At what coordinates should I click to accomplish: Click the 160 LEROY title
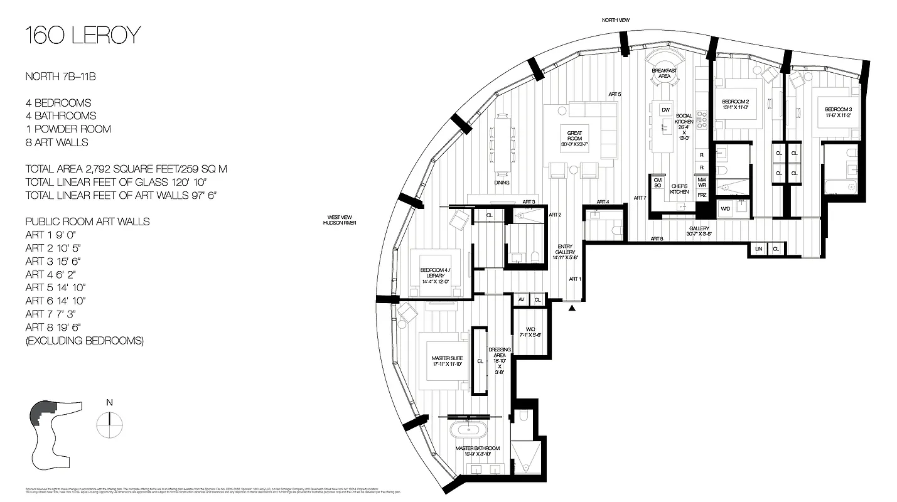tap(82, 36)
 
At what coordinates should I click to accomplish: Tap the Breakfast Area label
tap(664, 73)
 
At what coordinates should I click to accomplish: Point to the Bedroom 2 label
tap(736, 104)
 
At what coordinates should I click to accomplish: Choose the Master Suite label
tap(447, 361)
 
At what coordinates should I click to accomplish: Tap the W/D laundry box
tap(726, 208)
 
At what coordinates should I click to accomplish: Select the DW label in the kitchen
tap(665, 110)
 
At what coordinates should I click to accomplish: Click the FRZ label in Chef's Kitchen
tap(702, 196)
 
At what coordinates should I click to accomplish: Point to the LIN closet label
tap(758, 249)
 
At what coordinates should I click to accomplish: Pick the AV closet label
tap(521, 300)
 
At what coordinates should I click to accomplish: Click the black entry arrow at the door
tap(571, 308)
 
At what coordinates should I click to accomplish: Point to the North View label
tap(615, 20)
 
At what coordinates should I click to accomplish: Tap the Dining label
tap(501, 183)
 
